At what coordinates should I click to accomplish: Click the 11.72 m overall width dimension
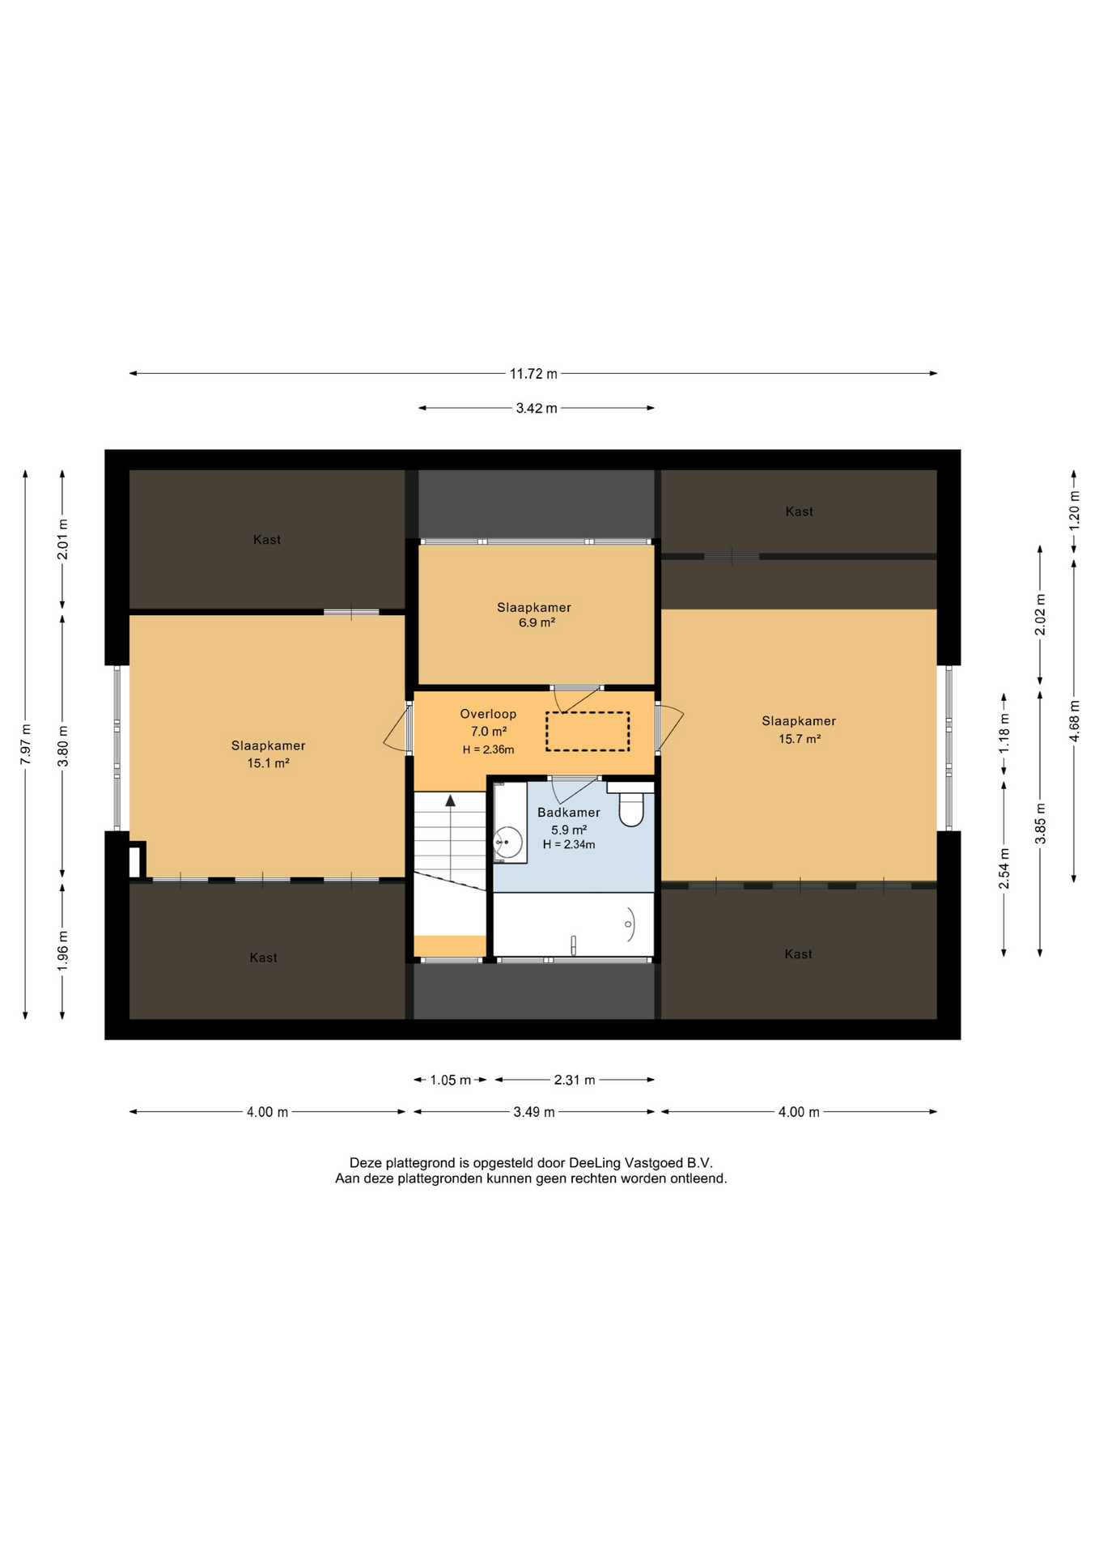pyautogui.click(x=533, y=374)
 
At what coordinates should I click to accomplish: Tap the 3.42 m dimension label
pyautogui.click(x=537, y=408)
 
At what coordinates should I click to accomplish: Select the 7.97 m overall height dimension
pyautogui.click(x=26, y=743)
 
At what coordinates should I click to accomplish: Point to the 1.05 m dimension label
pyautogui.click(x=450, y=1080)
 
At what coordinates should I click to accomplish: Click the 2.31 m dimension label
pyautogui.click(x=575, y=1080)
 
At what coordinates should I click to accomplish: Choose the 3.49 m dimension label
pyautogui.click(x=534, y=1112)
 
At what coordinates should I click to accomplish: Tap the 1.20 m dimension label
pyautogui.click(x=1074, y=511)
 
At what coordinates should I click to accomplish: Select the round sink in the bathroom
pyautogui.click(x=507, y=843)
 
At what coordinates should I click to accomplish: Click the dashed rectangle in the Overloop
pyautogui.click(x=588, y=732)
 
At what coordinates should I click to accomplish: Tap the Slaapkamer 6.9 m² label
pyautogui.click(x=534, y=615)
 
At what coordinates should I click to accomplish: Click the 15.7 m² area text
pyautogui.click(x=800, y=739)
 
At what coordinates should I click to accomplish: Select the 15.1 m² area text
pyautogui.click(x=268, y=763)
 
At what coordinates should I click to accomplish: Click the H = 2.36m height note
pyautogui.click(x=488, y=749)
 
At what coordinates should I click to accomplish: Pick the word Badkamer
pyautogui.click(x=569, y=813)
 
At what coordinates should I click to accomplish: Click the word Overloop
pyautogui.click(x=488, y=714)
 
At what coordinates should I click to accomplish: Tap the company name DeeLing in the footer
pyautogui.click(x=595, y=1163)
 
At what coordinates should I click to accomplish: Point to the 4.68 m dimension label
pyautogui.click(x=1074, y=720)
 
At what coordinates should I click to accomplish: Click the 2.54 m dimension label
pyautogui.click(x=1004, y=868)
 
